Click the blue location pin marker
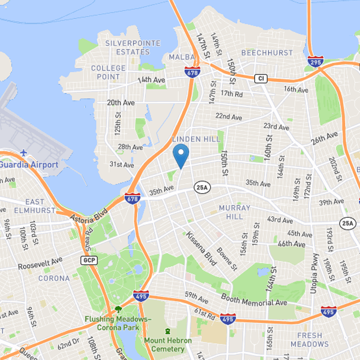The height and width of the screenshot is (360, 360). (181, 156)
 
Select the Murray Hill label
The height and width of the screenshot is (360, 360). (234, 212)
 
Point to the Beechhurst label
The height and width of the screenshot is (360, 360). (267, 53)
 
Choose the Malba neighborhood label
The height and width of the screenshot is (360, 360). (182, 57)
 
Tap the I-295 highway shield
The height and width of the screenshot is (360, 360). (315, 62)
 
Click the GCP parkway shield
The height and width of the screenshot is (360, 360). (87, 261)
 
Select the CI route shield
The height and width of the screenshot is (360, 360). (261, 79)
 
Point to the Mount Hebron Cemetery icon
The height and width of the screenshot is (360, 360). (168, 331)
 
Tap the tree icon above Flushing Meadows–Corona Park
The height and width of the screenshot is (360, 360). (118, 310)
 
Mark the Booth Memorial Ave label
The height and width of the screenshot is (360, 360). (254, 300)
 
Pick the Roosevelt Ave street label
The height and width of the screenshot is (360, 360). (40, 264)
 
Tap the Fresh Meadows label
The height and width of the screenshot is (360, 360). (309, 340)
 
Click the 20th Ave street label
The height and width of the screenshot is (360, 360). (121, 103)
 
